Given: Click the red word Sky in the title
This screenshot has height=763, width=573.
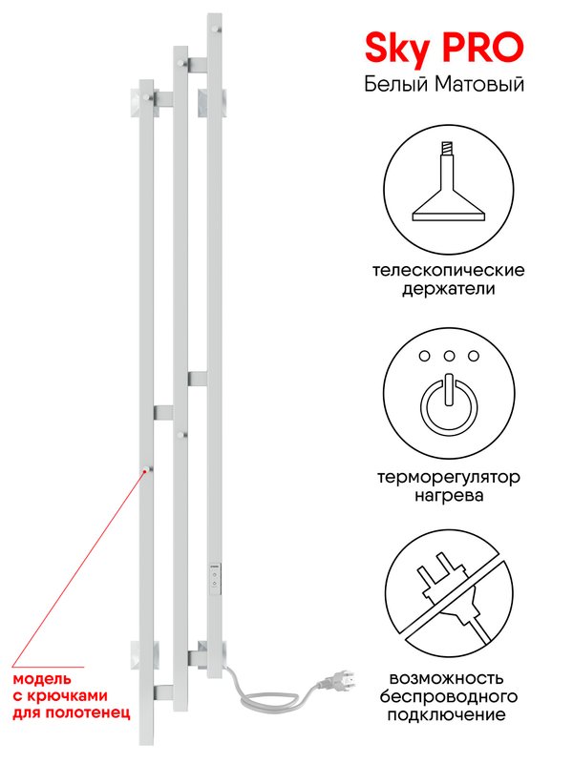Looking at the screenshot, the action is [x=397, y=49].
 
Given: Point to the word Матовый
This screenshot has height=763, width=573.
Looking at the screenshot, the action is [x=479, y=84].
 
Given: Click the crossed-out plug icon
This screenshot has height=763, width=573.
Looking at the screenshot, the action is [x=449, y=594].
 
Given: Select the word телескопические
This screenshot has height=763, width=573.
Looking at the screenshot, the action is [x=449, y=270].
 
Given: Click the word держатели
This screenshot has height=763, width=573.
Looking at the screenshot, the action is [x=449, y=289].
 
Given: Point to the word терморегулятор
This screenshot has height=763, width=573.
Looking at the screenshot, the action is [x=449, y=478].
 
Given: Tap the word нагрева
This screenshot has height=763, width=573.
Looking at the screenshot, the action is [x=449, y=495].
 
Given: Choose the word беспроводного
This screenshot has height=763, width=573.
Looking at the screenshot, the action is [x=449, y=697].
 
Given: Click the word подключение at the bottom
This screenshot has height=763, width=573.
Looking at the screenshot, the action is [x=449, y=715].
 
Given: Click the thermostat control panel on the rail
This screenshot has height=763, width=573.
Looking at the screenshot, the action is [x=215, y=579].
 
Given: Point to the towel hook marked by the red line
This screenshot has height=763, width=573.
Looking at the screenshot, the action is [x=147, y=469].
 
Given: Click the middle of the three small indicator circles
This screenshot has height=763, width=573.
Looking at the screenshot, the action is [x=449, y=356].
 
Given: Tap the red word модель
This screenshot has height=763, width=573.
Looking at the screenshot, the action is [x=42, y=679].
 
